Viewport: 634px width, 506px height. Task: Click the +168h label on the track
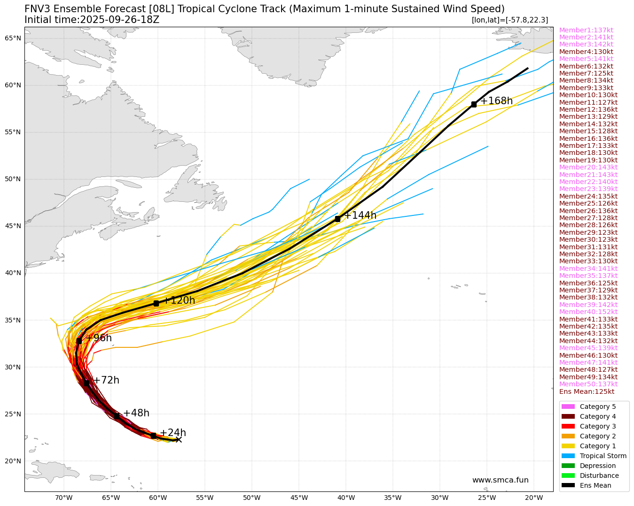click(x=496, y=101)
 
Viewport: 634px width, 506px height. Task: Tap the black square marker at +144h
click(x=337, y=219)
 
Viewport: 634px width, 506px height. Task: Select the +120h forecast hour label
click(x=179, y=300)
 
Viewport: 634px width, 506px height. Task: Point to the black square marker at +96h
click(x=79, y=341)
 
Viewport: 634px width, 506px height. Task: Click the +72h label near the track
click(x=106, y=380)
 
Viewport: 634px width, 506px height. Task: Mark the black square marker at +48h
click(x=117, y=416)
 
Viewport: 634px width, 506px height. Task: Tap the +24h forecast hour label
click(x=173, y=433)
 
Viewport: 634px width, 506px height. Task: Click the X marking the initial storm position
click(x=179, y=439)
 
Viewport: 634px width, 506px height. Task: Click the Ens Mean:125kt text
click(x=587, y=391)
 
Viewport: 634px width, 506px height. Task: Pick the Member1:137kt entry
click(x=586, y=30)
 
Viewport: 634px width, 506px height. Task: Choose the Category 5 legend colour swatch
click(x=568, y=406)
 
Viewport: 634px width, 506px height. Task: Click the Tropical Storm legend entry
click(x=603, y=456)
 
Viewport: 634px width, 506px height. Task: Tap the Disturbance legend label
click(x=599, y=475)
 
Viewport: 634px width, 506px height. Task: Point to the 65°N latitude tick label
click(x=13, y=38)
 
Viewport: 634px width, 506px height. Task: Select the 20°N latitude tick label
click(x=13, y=461)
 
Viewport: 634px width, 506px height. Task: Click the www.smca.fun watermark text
click(x=500, y=480)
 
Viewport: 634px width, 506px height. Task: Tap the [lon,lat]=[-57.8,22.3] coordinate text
click(x=509, y=20)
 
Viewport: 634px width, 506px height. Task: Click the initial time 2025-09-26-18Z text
click(x=92, y=20)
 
